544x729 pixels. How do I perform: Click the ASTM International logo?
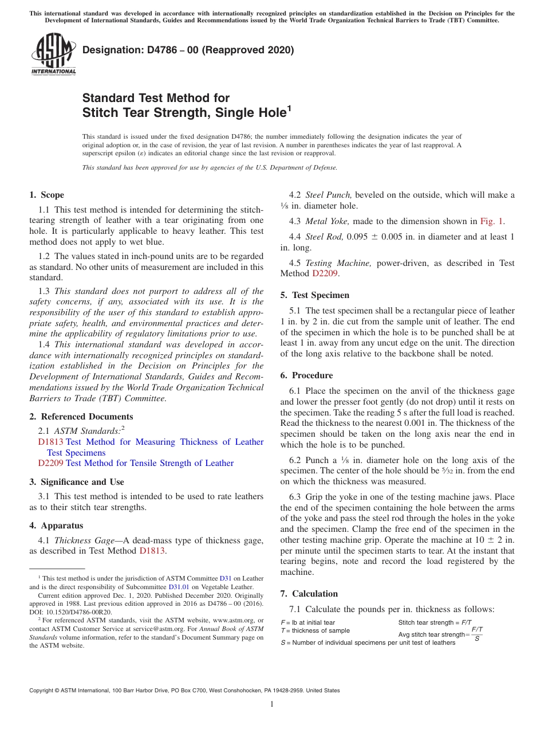(x=53, y=54)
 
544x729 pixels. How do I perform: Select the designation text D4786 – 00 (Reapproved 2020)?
(x=188, y=50)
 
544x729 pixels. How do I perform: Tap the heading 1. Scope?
(x=46, y=195)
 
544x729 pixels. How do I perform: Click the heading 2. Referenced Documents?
(x=81, y=417)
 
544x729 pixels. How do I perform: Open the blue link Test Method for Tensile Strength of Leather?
(x=150, y=463)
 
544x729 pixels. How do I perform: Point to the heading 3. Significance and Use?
(x=76, y=482)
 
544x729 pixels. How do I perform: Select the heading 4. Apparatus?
(x=56, y=526)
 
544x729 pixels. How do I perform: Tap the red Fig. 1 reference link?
(x=492, y=221)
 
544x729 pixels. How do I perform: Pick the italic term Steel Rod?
(x=325, y=237)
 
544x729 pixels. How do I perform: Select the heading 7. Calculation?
(x=309, y=594)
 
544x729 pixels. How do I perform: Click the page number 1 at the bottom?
(x=272, y=704)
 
